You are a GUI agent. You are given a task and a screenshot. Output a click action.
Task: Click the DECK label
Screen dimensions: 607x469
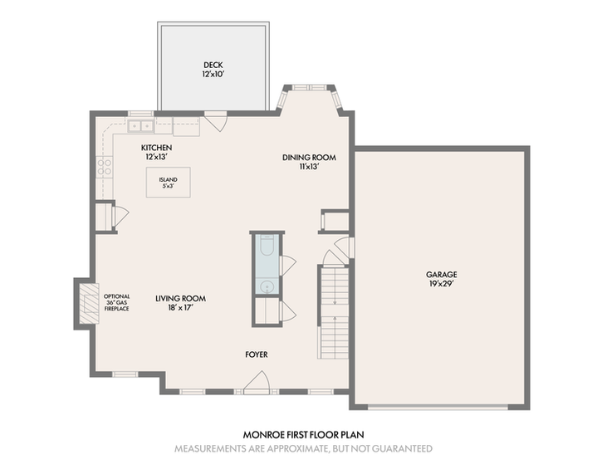pos(213,65)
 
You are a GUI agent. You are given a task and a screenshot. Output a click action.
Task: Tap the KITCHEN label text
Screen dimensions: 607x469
pos(156,148)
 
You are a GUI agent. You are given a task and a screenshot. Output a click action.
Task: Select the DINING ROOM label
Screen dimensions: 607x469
pos(309,158)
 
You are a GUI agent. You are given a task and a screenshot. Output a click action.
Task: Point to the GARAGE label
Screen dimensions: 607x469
pos(441,275)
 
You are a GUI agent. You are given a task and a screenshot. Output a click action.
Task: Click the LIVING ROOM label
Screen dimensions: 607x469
pos(180,298)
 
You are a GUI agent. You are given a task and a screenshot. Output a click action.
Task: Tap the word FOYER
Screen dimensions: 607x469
pos(257,354)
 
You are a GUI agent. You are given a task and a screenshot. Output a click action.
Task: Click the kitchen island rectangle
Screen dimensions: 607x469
pos(168,183)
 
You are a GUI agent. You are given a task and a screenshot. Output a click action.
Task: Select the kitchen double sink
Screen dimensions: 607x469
pos(140,126)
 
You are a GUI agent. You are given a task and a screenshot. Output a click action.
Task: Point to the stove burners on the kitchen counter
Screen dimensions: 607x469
pos(104,167)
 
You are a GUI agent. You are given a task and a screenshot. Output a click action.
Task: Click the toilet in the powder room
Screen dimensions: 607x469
pos(267,245)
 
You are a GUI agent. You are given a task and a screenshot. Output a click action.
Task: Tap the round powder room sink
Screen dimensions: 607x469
pos(267,287)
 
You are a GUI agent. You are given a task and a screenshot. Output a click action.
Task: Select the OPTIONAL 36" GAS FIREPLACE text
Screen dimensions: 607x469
pos(116,303)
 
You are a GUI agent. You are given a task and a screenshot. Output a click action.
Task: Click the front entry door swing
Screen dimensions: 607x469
pos(257,383)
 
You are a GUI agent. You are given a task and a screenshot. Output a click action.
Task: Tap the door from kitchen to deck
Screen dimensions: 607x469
pos(216,121)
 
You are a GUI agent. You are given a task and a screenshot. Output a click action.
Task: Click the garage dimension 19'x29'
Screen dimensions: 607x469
pos(441,284)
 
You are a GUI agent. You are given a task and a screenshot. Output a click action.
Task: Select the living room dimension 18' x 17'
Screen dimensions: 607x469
pos(180,308)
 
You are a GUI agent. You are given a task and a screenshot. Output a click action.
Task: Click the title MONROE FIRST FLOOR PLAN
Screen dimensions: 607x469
pos(304,435)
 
